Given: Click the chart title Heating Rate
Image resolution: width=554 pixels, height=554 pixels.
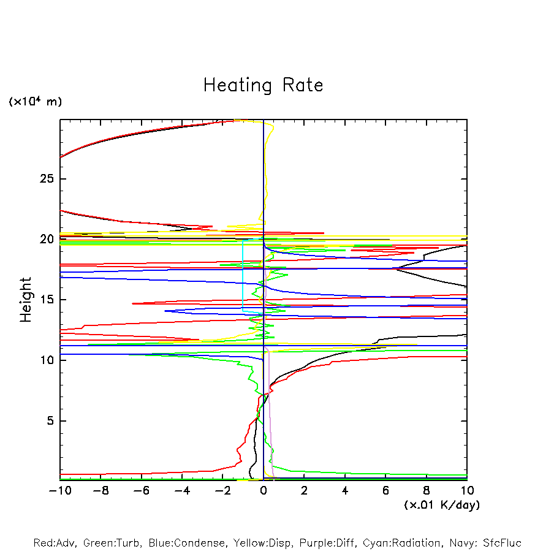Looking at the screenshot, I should coord(263,85).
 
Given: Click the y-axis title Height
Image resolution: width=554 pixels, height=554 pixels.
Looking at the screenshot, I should coord(26,300).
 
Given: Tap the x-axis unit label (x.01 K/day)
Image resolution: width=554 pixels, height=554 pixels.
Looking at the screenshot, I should coord(441,505).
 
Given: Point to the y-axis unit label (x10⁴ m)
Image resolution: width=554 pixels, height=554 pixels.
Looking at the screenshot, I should coord(35,102).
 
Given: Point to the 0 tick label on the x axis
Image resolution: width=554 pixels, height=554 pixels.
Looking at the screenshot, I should coord(264,491).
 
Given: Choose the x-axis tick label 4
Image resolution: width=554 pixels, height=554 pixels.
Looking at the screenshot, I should coord(345,491).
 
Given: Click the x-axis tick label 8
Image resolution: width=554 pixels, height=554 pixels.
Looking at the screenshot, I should coord(427,491).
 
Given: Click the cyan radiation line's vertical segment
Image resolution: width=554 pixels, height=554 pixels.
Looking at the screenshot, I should coord(243,276).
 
